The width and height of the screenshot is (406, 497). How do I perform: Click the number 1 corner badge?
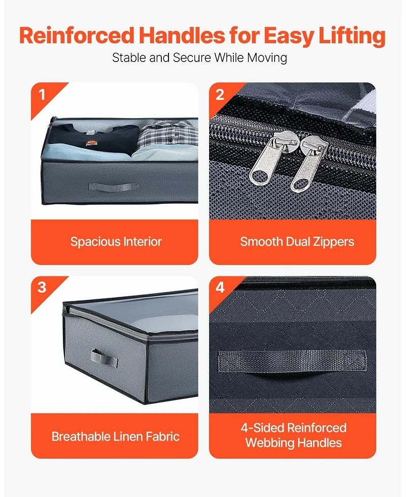pyautogui.click(x=42, y=95)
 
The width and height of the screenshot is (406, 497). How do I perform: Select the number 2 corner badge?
pyautogui.click(x=220, y=95)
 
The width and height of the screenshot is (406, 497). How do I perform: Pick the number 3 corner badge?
pyautogui.click(x=42, y=288)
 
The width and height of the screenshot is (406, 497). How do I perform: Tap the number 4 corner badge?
pyautogui.click(x=220, y=288)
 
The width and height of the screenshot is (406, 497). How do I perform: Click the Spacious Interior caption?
pyautogui.click(x=116, y=242)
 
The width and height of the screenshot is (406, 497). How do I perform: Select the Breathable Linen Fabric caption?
pyautogui.click(x=116, y=436)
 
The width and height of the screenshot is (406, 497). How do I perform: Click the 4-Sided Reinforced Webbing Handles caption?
pyautogui.click(x=293, y=435)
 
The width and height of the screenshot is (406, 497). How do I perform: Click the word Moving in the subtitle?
pyautogui.click(x=267, y=58)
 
